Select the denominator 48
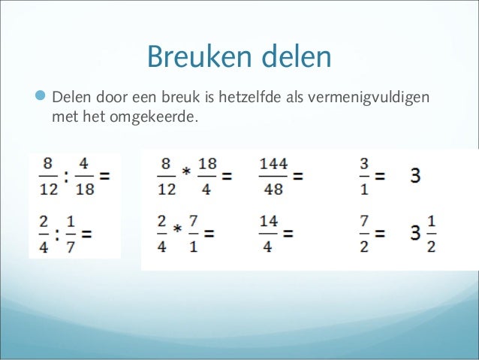(x=273, y=189)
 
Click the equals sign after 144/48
(x=298, y=177)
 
